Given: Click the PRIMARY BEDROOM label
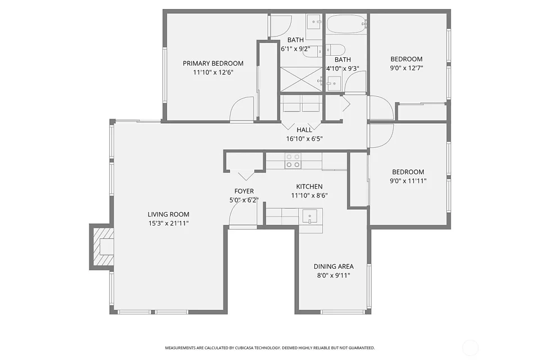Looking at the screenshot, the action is [213, 64].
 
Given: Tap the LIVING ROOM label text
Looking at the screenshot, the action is [168, 214].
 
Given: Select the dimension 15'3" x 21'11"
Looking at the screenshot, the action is [168, 223].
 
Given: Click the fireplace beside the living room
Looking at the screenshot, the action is [102, 246].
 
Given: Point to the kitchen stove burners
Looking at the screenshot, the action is [292, 160].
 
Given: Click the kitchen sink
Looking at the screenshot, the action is [309, 217].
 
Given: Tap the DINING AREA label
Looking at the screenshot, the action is [334, 266].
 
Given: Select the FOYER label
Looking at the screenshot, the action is [244, 191].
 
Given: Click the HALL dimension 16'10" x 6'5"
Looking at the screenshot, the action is [304, 139].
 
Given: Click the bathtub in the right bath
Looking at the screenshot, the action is [346, 24].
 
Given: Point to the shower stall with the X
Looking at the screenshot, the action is [301, 79].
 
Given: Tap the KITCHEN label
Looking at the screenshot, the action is [309, 187].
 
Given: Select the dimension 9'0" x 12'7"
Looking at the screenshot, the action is [406, 68].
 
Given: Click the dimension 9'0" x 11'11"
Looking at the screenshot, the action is [408, 181].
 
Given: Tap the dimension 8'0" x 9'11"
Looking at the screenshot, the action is [334, 275].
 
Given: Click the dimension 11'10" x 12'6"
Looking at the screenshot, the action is [213, 73].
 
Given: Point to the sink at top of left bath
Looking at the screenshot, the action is [313, 22].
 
